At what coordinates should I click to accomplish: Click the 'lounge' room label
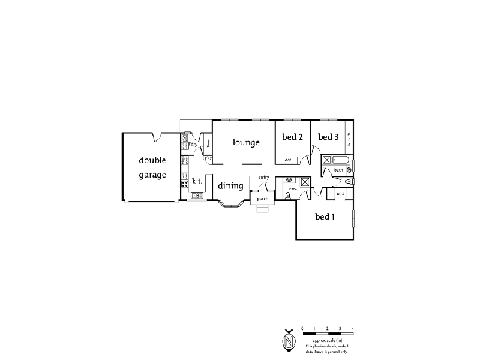click(x=246, y=143)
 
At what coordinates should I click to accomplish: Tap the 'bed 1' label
click(x=325, y=217)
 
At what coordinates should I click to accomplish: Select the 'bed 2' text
click(x=292, y=137)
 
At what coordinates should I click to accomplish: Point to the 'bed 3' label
click(x=328, y=137)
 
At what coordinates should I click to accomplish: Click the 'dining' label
click(x=230, y=186)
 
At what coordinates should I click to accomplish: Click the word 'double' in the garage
click(x=152, y=160)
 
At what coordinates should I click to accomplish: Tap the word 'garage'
click(x=152, y=175)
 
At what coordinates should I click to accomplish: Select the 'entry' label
click(x=263, y=177)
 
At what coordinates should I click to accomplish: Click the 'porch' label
click(x=262, y=198)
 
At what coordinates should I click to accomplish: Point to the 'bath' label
click(x=338, y=170)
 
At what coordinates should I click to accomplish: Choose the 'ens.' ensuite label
click(x=293, y=190)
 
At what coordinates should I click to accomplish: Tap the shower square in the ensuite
click(x=305, y=181)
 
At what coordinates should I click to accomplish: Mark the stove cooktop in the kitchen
click(x=184, y=170)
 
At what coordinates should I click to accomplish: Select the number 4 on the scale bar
click(x=353, y=328)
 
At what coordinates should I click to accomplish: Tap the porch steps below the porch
click(x=262, y=209)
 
